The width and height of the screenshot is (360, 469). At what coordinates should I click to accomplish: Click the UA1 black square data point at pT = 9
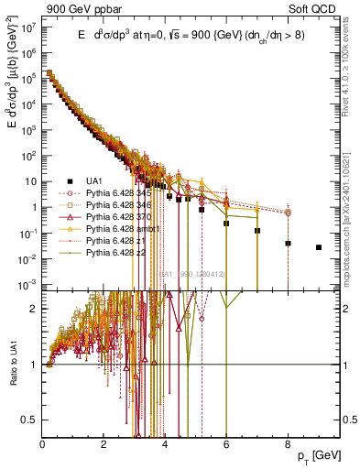(319, 247)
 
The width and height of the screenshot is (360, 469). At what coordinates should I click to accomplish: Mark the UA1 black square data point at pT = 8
(288, 244)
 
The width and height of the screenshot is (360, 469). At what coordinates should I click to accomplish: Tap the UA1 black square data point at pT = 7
(257, 231)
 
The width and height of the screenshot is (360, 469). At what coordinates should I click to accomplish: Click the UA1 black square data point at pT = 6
(226, 222)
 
